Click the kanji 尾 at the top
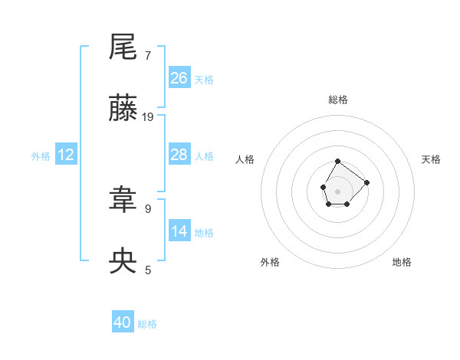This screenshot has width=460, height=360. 123,47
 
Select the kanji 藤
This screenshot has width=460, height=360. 123,110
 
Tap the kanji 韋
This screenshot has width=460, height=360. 123,201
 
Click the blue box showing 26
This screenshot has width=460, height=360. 179,77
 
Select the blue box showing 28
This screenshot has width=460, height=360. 179,155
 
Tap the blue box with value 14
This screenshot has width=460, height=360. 179,231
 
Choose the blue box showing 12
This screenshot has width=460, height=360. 66,155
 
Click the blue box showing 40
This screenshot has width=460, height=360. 123,322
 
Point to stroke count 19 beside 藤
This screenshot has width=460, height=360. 148,116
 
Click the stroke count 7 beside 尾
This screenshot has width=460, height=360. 148,55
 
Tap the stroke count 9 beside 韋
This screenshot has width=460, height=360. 148,208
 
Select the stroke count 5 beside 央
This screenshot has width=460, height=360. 148,270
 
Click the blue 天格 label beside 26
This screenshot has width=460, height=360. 204,79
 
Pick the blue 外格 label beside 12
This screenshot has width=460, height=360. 41,155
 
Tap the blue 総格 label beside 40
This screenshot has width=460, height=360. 147,324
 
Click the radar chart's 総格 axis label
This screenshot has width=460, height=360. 337,100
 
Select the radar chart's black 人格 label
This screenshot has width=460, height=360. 245,159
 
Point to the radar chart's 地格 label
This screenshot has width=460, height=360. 402,262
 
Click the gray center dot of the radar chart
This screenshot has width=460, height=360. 337,190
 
